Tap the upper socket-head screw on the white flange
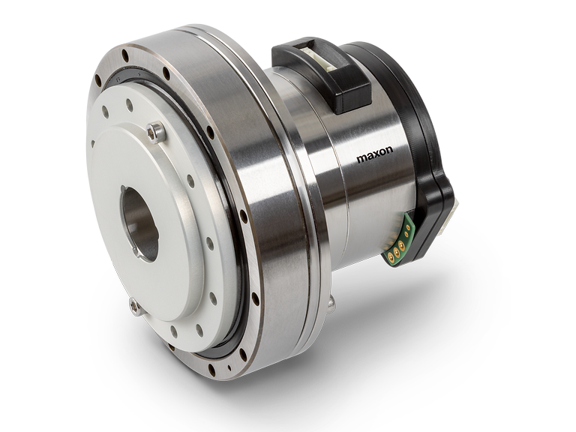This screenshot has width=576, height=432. [x=156, y=132]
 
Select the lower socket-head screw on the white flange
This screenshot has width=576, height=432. [x=136, y=306]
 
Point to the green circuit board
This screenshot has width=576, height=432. [x=401, y=238]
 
